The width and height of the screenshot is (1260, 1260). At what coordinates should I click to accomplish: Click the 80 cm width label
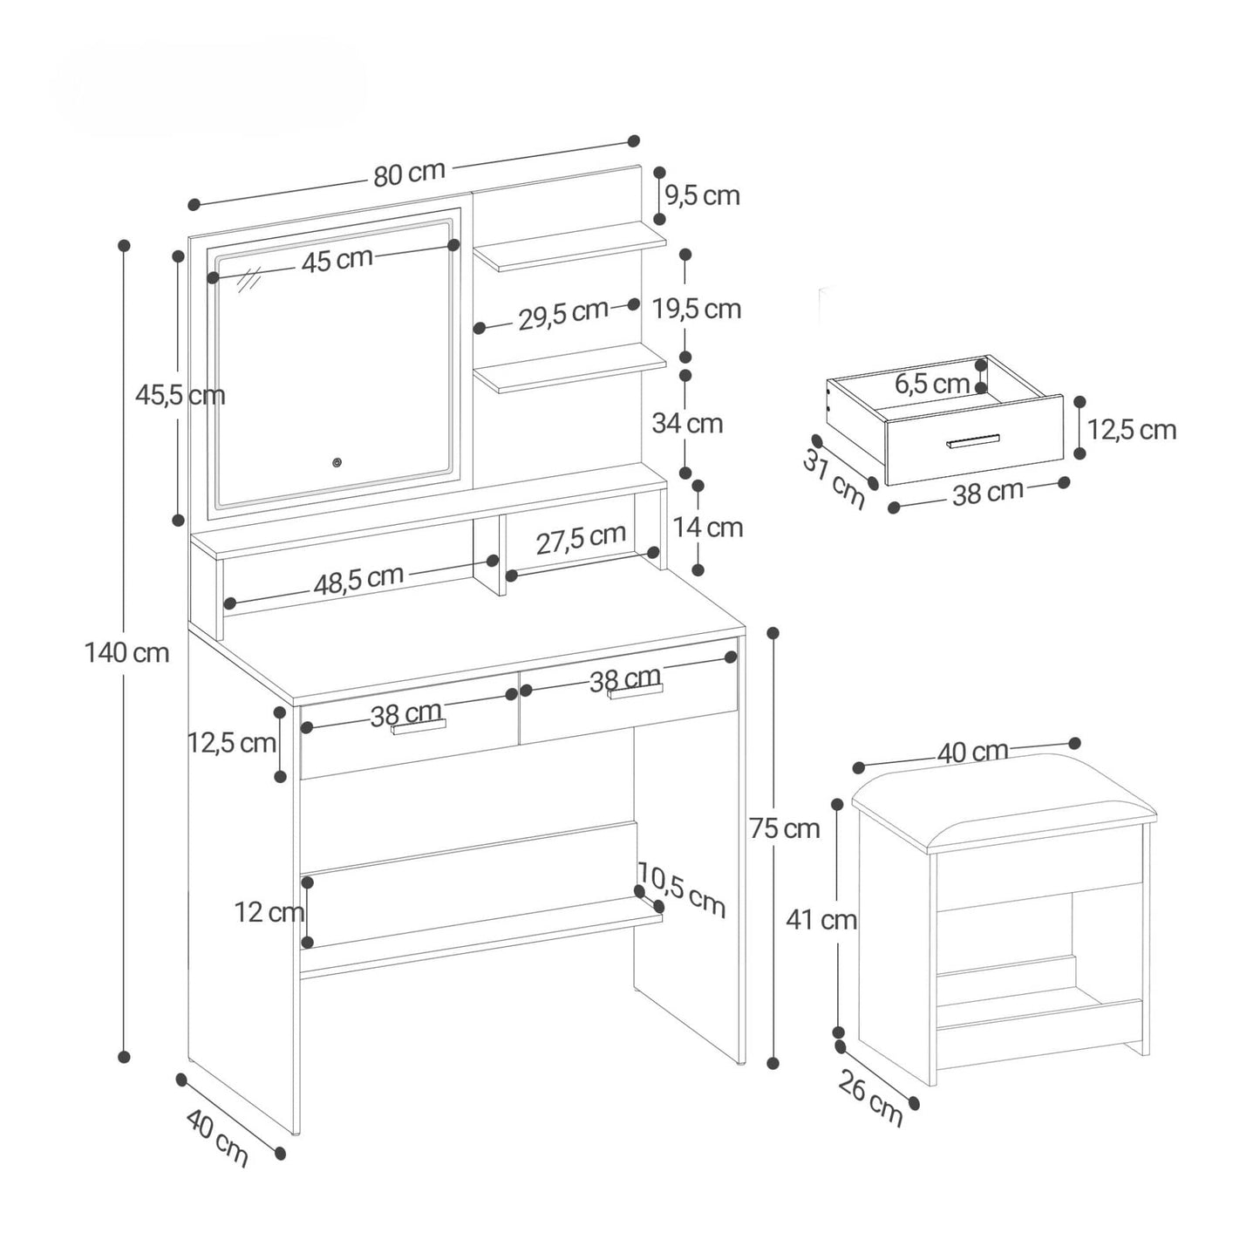pos(409,174)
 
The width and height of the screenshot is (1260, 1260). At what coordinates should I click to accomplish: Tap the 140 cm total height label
pos(126,652)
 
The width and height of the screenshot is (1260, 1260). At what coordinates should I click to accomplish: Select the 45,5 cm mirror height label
pos(180,395)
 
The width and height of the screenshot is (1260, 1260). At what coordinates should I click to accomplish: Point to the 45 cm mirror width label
pos(337,260)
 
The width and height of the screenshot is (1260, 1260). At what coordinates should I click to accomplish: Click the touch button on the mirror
pos(337,462)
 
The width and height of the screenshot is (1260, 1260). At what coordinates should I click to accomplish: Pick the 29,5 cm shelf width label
pos(563,315)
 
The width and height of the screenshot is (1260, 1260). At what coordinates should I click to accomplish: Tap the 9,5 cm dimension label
pos(702,195)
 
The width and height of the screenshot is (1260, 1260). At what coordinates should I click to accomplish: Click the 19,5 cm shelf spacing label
pos(697,309)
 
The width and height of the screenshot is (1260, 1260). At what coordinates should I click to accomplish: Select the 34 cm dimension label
pos(687,424)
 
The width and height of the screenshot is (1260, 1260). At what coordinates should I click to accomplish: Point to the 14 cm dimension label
pos(708,527)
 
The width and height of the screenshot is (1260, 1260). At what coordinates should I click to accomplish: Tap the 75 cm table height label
pos(785,828)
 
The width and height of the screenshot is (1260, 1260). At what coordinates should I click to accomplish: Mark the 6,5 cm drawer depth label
pos(932,385)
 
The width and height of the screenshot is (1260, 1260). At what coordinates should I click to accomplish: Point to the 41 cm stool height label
pos(821,920)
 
